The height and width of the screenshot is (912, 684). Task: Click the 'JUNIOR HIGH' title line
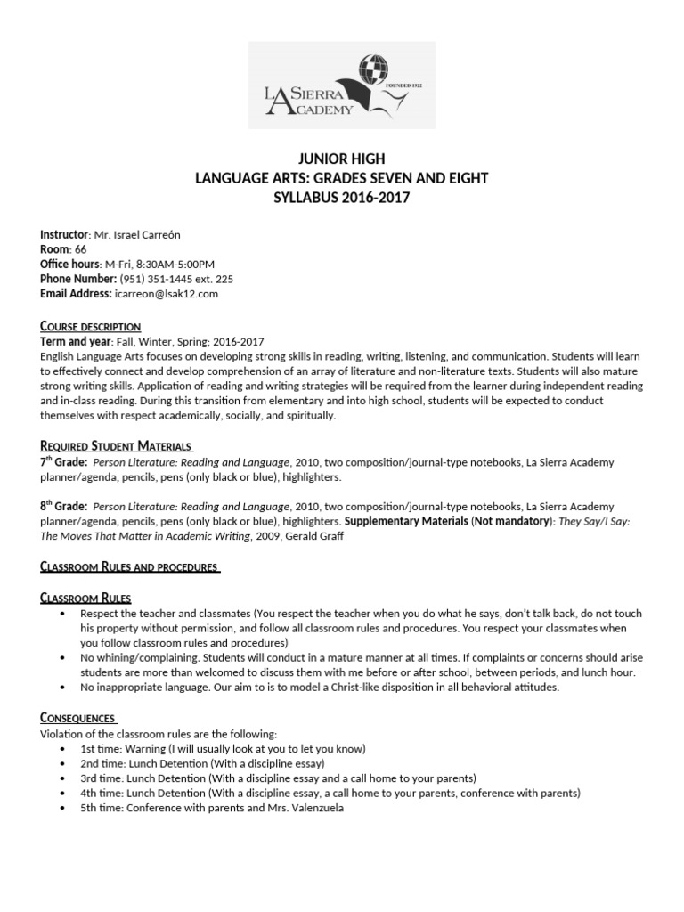click(x=342, y=159)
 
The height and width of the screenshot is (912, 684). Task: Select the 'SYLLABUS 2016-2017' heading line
click(x=342, y=198)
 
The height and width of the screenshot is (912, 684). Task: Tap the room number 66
click(x=80, y=249)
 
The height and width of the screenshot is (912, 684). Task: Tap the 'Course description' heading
click(x=90, y=327)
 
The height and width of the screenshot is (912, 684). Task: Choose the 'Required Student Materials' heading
click(x=116, y=445)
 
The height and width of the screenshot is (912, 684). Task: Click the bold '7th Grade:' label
click(x=63, y=462)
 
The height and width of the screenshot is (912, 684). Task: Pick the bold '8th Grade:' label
click(x=63, y=505)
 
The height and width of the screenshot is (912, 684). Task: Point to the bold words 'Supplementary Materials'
click(x=406, y=520)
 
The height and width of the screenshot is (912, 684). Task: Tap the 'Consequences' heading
click(x=78, y=717)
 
